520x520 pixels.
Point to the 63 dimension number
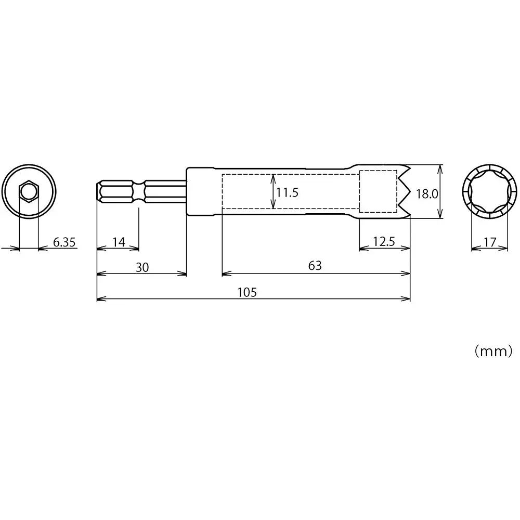315,266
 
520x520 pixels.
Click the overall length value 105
247,292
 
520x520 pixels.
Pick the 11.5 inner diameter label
287,193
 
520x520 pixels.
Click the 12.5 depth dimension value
384,241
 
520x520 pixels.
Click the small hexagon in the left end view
29,192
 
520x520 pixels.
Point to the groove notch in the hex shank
139,192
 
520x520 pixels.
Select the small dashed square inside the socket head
378,191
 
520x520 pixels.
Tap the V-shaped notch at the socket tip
404,192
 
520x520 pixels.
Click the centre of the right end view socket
489,191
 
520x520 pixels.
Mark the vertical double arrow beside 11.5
272,191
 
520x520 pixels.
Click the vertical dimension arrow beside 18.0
441,191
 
